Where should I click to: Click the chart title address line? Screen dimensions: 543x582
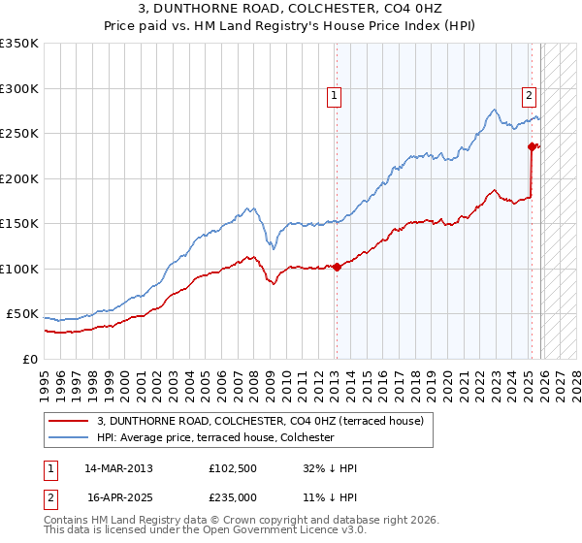(x=291, y=9)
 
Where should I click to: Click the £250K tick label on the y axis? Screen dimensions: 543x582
(x=19, y=134)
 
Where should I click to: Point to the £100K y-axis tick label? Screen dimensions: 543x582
(x=19, y=269)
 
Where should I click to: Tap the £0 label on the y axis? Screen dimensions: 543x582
(x=30, y=359)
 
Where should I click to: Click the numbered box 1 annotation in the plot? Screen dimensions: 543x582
(x=334, y=95)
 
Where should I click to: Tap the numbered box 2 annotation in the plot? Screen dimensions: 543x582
(x=529, y=95)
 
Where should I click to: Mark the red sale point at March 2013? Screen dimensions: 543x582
(x=337, y=267)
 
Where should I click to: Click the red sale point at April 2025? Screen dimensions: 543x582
(x=532, y=147)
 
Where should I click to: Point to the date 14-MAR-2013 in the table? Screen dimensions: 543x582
(x=118, y=468)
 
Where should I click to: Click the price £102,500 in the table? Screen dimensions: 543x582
(x=231, y=468)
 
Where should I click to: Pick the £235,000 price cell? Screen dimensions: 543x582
(x=231, y=495)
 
